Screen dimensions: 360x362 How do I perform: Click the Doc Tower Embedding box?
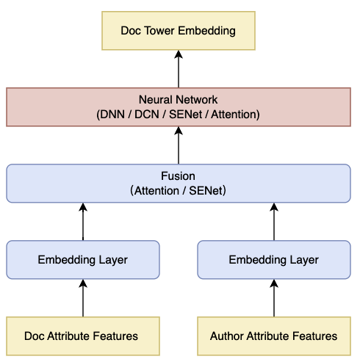point(179,31)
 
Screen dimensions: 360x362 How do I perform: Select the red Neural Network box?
point(179,107)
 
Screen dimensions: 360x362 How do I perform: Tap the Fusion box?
point(179,184)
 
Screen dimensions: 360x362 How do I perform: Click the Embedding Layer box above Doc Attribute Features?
point(83,260)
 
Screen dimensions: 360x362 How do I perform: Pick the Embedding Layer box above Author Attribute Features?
point(274,260)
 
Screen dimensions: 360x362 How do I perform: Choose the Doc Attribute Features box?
point(83,336)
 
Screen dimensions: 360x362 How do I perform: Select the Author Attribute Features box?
point(274,336)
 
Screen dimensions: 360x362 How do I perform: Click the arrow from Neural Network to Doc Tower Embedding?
point(179,69)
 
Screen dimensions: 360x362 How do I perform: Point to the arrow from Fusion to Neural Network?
point(179,145)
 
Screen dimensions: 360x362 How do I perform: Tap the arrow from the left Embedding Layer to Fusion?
point(83,222)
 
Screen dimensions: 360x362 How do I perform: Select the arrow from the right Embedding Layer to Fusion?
point(274,222)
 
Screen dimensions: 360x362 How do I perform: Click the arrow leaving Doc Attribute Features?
point(83,298)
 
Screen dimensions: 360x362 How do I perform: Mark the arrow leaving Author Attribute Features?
point(274,298)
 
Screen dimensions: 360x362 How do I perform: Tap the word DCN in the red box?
point(147,115)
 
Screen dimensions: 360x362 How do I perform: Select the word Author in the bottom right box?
point(226,336)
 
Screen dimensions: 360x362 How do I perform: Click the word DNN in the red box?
point(112,115)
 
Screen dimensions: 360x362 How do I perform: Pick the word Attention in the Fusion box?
point(156,191)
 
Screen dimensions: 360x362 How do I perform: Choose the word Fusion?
point(178,176)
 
